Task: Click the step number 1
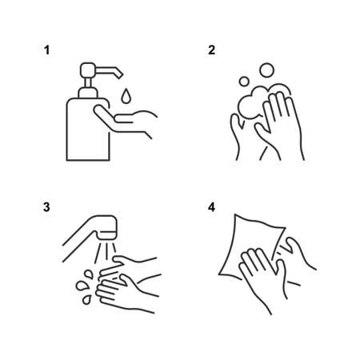47,50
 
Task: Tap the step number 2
211,50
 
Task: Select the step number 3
47,207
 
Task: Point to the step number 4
211,207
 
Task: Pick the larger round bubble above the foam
267,70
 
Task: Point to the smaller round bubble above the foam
245,82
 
